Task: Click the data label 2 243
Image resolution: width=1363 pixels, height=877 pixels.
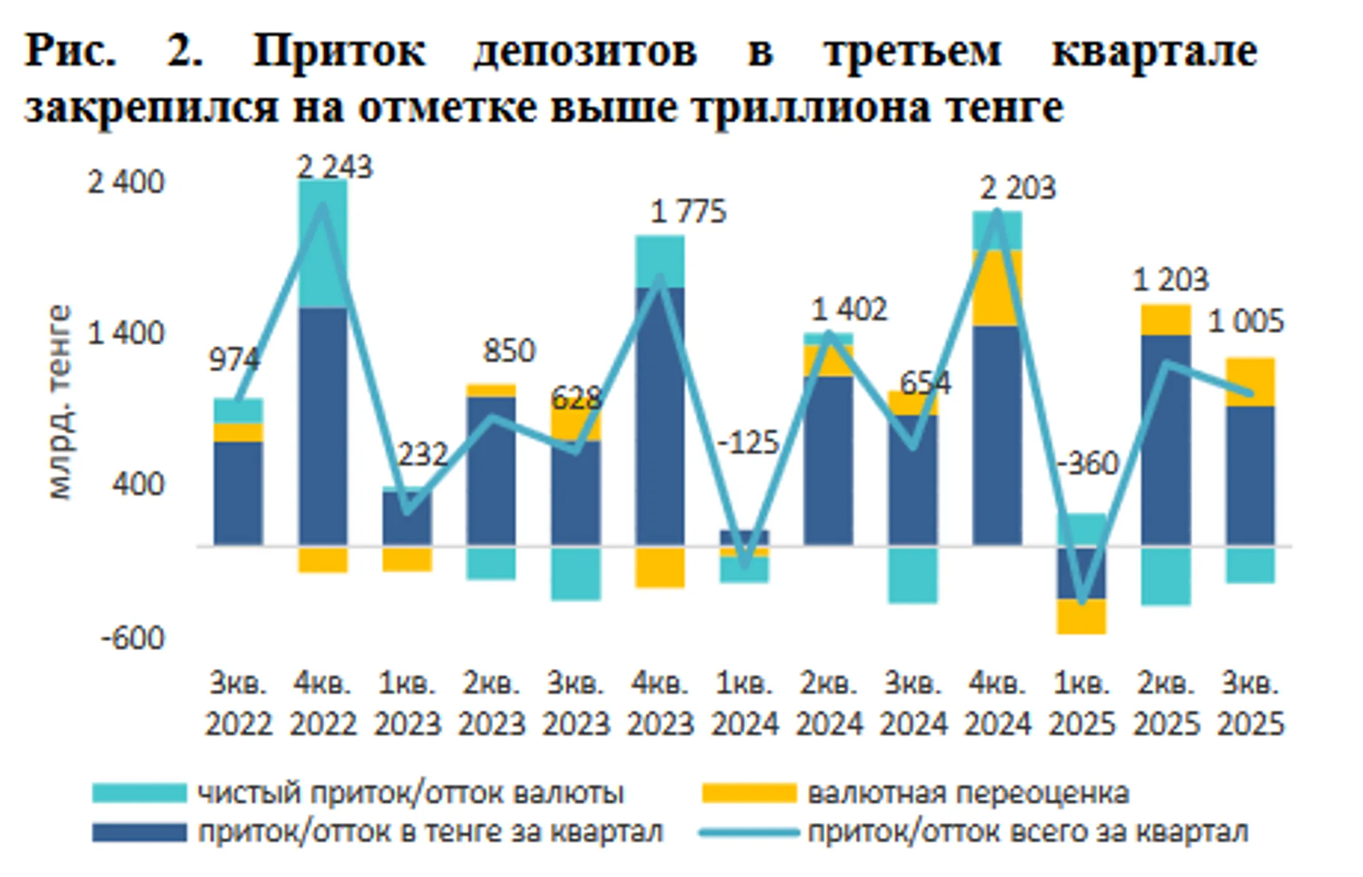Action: pyautogui.click(x=334, y=168)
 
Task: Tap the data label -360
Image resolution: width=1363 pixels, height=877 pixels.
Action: pyautogui.click(x=1087, y=464)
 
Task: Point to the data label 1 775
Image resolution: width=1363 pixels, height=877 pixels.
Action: pyautogui.click(x=688, y=212)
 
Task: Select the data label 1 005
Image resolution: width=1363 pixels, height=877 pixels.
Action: pyautogui.click(x=1245, y=322)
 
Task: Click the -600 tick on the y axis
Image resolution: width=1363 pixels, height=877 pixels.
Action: pyautogui.click(x=133, y=639)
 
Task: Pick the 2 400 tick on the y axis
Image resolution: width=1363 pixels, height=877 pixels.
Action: pyautogui.click(x=126, y=183)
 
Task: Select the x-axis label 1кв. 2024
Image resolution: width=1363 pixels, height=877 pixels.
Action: pyautogui.click(x=745, y=703)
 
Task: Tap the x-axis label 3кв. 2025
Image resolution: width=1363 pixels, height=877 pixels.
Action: pyautogui.click(x=1250, y=703)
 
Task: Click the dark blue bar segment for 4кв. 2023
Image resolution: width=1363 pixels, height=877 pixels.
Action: pyautogui.click(x=659, y=416)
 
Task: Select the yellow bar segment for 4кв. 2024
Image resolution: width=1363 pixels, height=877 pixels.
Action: pyautogui.click(x=997, y=288)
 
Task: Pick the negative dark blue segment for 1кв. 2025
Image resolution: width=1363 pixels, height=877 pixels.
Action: pyautogui.click(x=1082, y=573)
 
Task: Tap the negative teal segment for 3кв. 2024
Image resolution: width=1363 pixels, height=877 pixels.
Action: pyautogui.click(x=913, y=575)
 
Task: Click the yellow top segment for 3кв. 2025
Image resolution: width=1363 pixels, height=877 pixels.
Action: pyautogui.click(x=1250, y=382)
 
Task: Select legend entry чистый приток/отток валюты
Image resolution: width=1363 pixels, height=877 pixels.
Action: pyautogui.click(x=410, y=793)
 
